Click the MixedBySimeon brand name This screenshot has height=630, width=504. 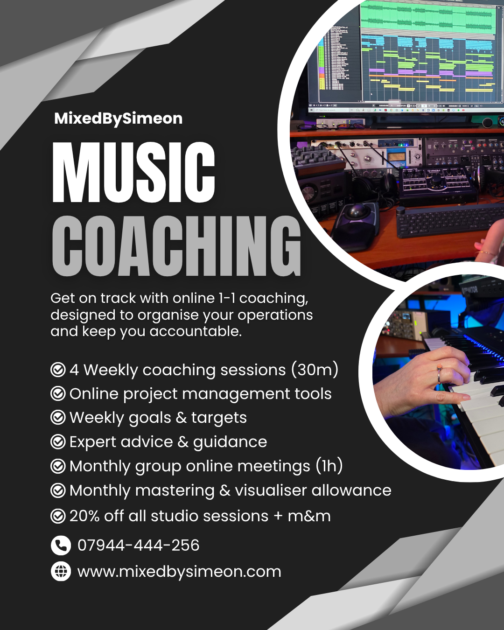tap(119, 119)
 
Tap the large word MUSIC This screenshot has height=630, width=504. tap(134, 172)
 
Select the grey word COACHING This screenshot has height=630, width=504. tap(176, 246)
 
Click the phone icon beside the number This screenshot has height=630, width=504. tap(61, 546)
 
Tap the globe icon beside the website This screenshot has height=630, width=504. tap(61, 571)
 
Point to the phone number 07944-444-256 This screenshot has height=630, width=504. tap(138, 545)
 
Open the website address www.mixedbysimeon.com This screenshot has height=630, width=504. tap(179, 572)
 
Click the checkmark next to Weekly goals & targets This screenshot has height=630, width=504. tap(58, 418)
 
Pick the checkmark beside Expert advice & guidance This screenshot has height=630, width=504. tap(58, 442)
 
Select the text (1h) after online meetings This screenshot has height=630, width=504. tap(329, 466)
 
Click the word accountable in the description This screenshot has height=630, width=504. tap(196, 331)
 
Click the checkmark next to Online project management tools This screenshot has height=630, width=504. tap(58, 394)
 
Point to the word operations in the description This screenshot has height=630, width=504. tap(275, 315)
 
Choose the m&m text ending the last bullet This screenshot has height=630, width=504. tap(309, 516)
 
